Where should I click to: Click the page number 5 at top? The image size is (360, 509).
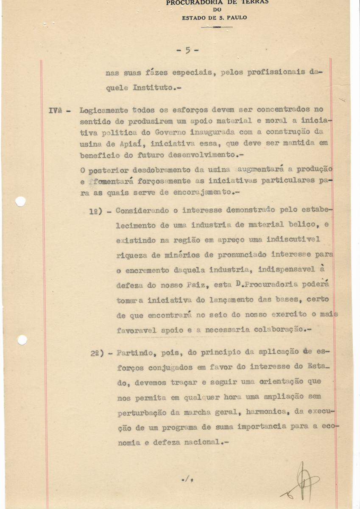click(187, 50)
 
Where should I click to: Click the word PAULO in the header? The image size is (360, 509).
click(235, 18)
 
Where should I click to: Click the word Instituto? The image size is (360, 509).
click(153, 88)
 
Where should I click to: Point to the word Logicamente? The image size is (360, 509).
click(103, 110)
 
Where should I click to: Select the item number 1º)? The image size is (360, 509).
click(98, 211)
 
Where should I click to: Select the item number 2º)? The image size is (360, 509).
click(98, 353)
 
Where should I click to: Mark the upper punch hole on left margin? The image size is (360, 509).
click(20, 201)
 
